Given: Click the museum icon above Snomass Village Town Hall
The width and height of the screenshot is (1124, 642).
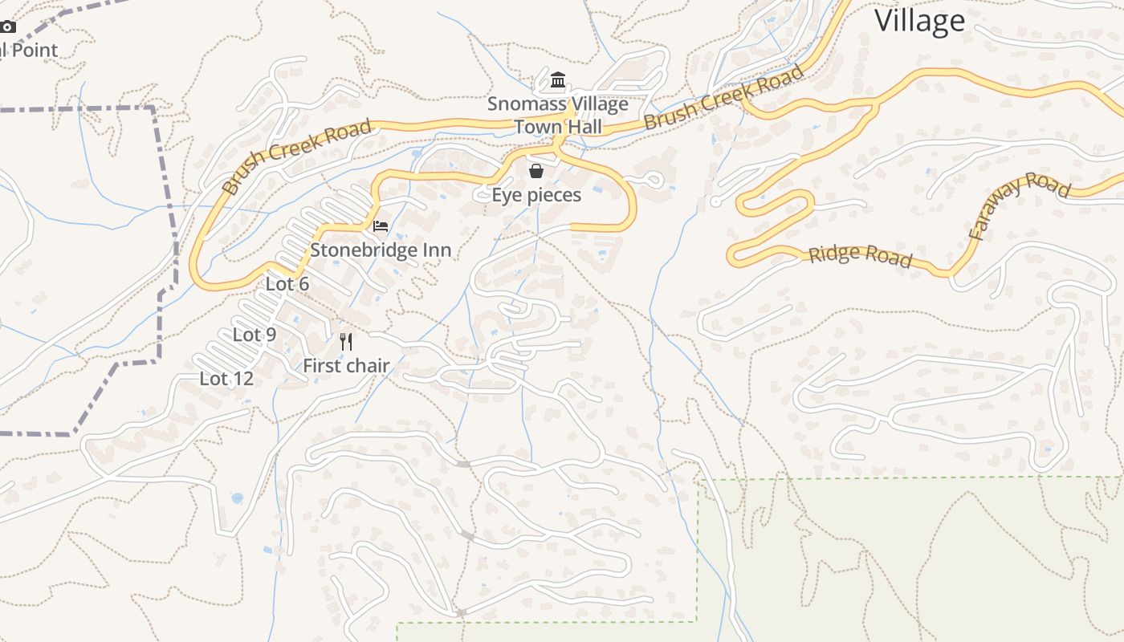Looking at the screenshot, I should point(558,80).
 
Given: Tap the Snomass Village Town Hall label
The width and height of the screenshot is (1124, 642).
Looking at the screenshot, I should point(558,116).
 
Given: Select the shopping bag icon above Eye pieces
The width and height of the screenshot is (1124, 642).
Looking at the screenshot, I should point(536,171).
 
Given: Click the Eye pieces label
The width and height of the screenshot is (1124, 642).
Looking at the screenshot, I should point(536,195).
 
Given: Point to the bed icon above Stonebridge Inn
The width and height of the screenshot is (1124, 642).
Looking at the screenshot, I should point(381,226).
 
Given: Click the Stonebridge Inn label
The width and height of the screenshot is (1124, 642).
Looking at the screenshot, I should point(381,250).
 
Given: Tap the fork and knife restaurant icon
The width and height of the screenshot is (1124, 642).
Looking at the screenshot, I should point(346,342).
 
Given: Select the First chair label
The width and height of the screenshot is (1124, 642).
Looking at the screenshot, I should point(346,366).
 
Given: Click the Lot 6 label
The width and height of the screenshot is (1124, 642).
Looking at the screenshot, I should point(287,284).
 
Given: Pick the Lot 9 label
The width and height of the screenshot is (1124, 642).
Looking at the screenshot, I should point(255,335).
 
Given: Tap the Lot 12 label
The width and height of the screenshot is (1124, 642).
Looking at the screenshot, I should point(226,379).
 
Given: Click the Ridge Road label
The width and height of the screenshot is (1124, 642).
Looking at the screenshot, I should point(860,255).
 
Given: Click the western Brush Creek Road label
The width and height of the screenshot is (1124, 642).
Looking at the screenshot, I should point(297,157).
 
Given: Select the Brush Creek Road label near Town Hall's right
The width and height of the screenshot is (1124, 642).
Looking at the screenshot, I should point(723,98).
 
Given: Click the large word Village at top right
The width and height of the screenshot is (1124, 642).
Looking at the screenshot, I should point(919,21).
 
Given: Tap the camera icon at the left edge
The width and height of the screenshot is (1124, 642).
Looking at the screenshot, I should point(7,26).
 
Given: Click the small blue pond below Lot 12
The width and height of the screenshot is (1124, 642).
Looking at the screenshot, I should point(237,498).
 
